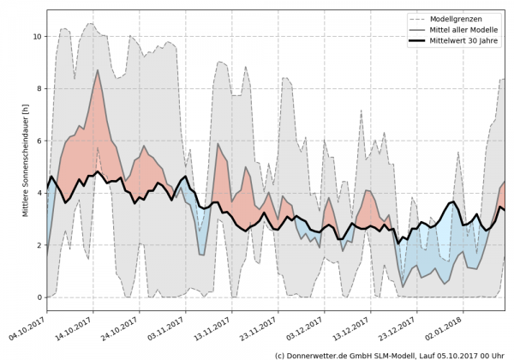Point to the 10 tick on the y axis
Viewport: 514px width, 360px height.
coord(36,37)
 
